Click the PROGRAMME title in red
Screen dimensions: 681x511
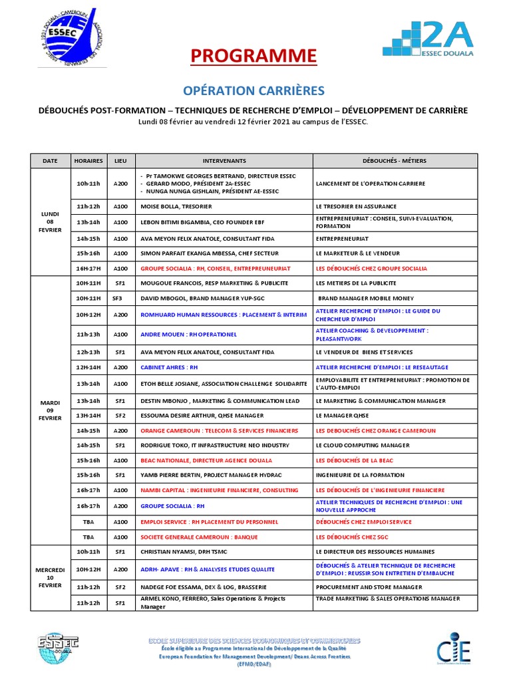pyautogui.click(x=254, y=57)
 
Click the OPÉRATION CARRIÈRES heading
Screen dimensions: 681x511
pyautogui.click(x=254, y=90)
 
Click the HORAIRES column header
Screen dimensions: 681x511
pyautogui.click(x=88, y=161)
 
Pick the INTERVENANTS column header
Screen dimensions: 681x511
pyautogui.click(x=224, y=161)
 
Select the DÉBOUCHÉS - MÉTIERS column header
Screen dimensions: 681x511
pyautogui.click(x=395, y=161)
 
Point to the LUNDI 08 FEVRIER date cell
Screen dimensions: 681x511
pyautogui.click(x=50, y=221)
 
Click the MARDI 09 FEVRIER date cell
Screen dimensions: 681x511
pyautogui.click(x=50, y=409)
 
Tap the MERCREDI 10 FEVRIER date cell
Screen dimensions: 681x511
pyautogui.click(x=50, y=577)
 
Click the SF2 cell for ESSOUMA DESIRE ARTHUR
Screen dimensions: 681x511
pyautogui.click(x=120, y=416)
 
